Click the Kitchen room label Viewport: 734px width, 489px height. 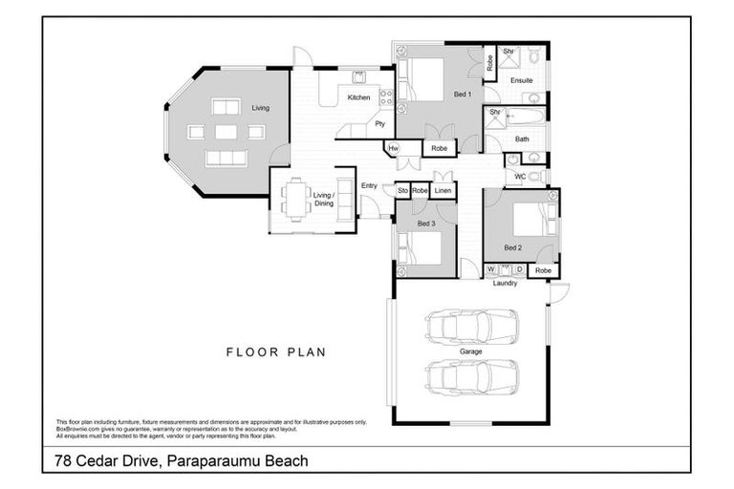(x=358, y=97)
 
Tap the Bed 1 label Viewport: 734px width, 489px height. (x=462, y=96)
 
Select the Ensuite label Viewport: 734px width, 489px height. (x=521, y=80)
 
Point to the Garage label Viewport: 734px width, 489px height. (x=471, y=351)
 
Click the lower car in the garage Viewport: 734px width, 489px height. (x=473, y=377)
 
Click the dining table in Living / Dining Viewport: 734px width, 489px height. (x=295, y=200)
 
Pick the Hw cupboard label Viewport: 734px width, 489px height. (x=393, y=148)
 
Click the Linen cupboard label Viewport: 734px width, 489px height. (x=442, y=191)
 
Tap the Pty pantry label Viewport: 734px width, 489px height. (x=379, y=124)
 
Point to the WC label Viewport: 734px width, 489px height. (x=520, y=177)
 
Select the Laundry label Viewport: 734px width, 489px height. (x=505, y=283)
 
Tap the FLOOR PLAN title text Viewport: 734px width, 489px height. (x=275, y=351)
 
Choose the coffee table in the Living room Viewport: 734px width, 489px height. (x=226, y=133)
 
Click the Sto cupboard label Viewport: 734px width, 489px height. (x=402, y=191)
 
